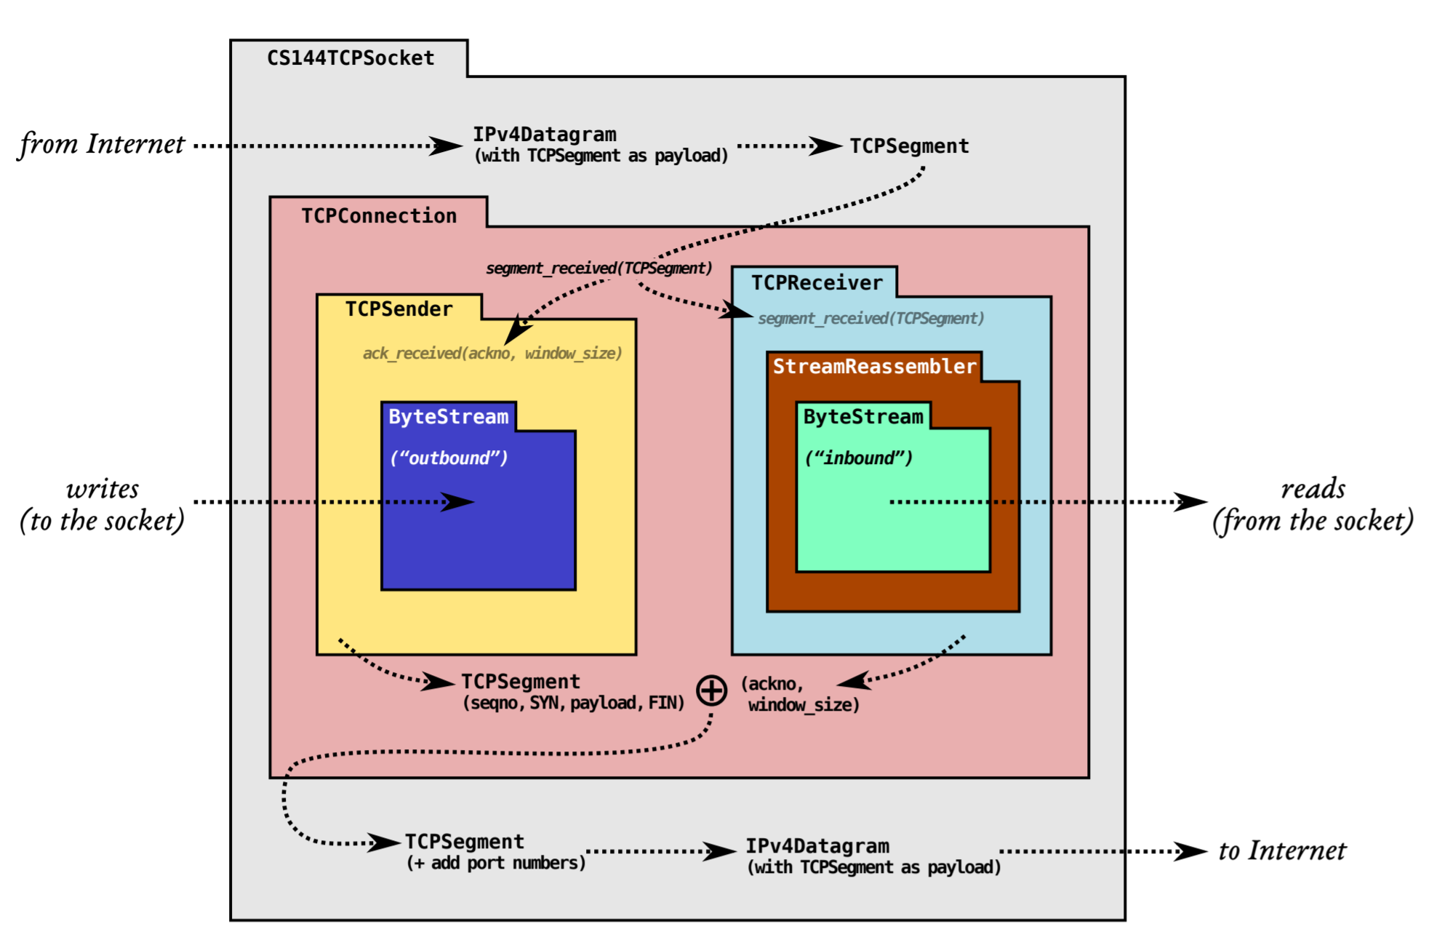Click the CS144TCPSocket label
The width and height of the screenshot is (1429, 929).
coord(351,58)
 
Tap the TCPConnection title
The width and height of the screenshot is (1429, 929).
coord(379,215)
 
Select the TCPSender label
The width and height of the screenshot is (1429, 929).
coord(399,309)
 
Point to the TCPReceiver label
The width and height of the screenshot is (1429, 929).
coord(817,282)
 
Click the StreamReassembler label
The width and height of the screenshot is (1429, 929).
coord(874,366)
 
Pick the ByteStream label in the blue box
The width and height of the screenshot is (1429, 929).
coord(448,417)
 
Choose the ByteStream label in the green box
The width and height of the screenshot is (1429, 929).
coord(863,417)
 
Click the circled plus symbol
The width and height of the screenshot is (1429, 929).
coord(711,690)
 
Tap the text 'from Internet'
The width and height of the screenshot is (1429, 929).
coord(102,144)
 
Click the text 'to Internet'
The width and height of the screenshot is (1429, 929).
coord(1282,850)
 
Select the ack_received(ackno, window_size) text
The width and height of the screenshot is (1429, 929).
coord(492,354)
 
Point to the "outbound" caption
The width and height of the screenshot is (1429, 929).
coord(449,458)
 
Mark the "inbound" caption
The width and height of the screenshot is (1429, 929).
coord(858,458)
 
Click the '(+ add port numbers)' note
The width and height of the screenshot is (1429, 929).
coord(496,863)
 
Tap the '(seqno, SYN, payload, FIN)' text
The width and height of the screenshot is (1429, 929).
coord(574,703)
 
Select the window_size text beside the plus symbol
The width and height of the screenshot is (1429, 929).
coord(804,705)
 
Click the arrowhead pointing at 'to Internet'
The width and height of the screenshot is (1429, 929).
coord(1190,851)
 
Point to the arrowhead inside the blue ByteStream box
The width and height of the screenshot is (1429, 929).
coord(457,502)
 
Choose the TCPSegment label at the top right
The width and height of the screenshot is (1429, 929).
coord(909,146)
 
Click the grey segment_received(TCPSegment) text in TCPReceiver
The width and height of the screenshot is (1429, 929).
coord(871,319)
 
